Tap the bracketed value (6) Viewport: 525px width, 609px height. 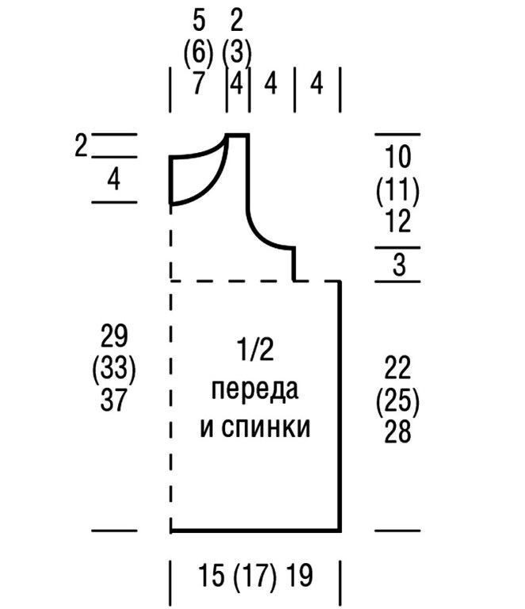199,52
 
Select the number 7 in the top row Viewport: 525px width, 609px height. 199,84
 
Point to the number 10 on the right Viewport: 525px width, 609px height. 398,157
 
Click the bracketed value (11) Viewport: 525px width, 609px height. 398,190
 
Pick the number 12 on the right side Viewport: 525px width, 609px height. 398,222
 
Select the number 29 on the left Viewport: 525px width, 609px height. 114,335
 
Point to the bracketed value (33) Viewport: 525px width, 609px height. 114,368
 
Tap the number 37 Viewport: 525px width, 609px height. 114,400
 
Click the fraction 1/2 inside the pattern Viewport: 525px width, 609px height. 255,350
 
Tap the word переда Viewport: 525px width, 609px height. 254,390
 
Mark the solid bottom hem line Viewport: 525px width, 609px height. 255,530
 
